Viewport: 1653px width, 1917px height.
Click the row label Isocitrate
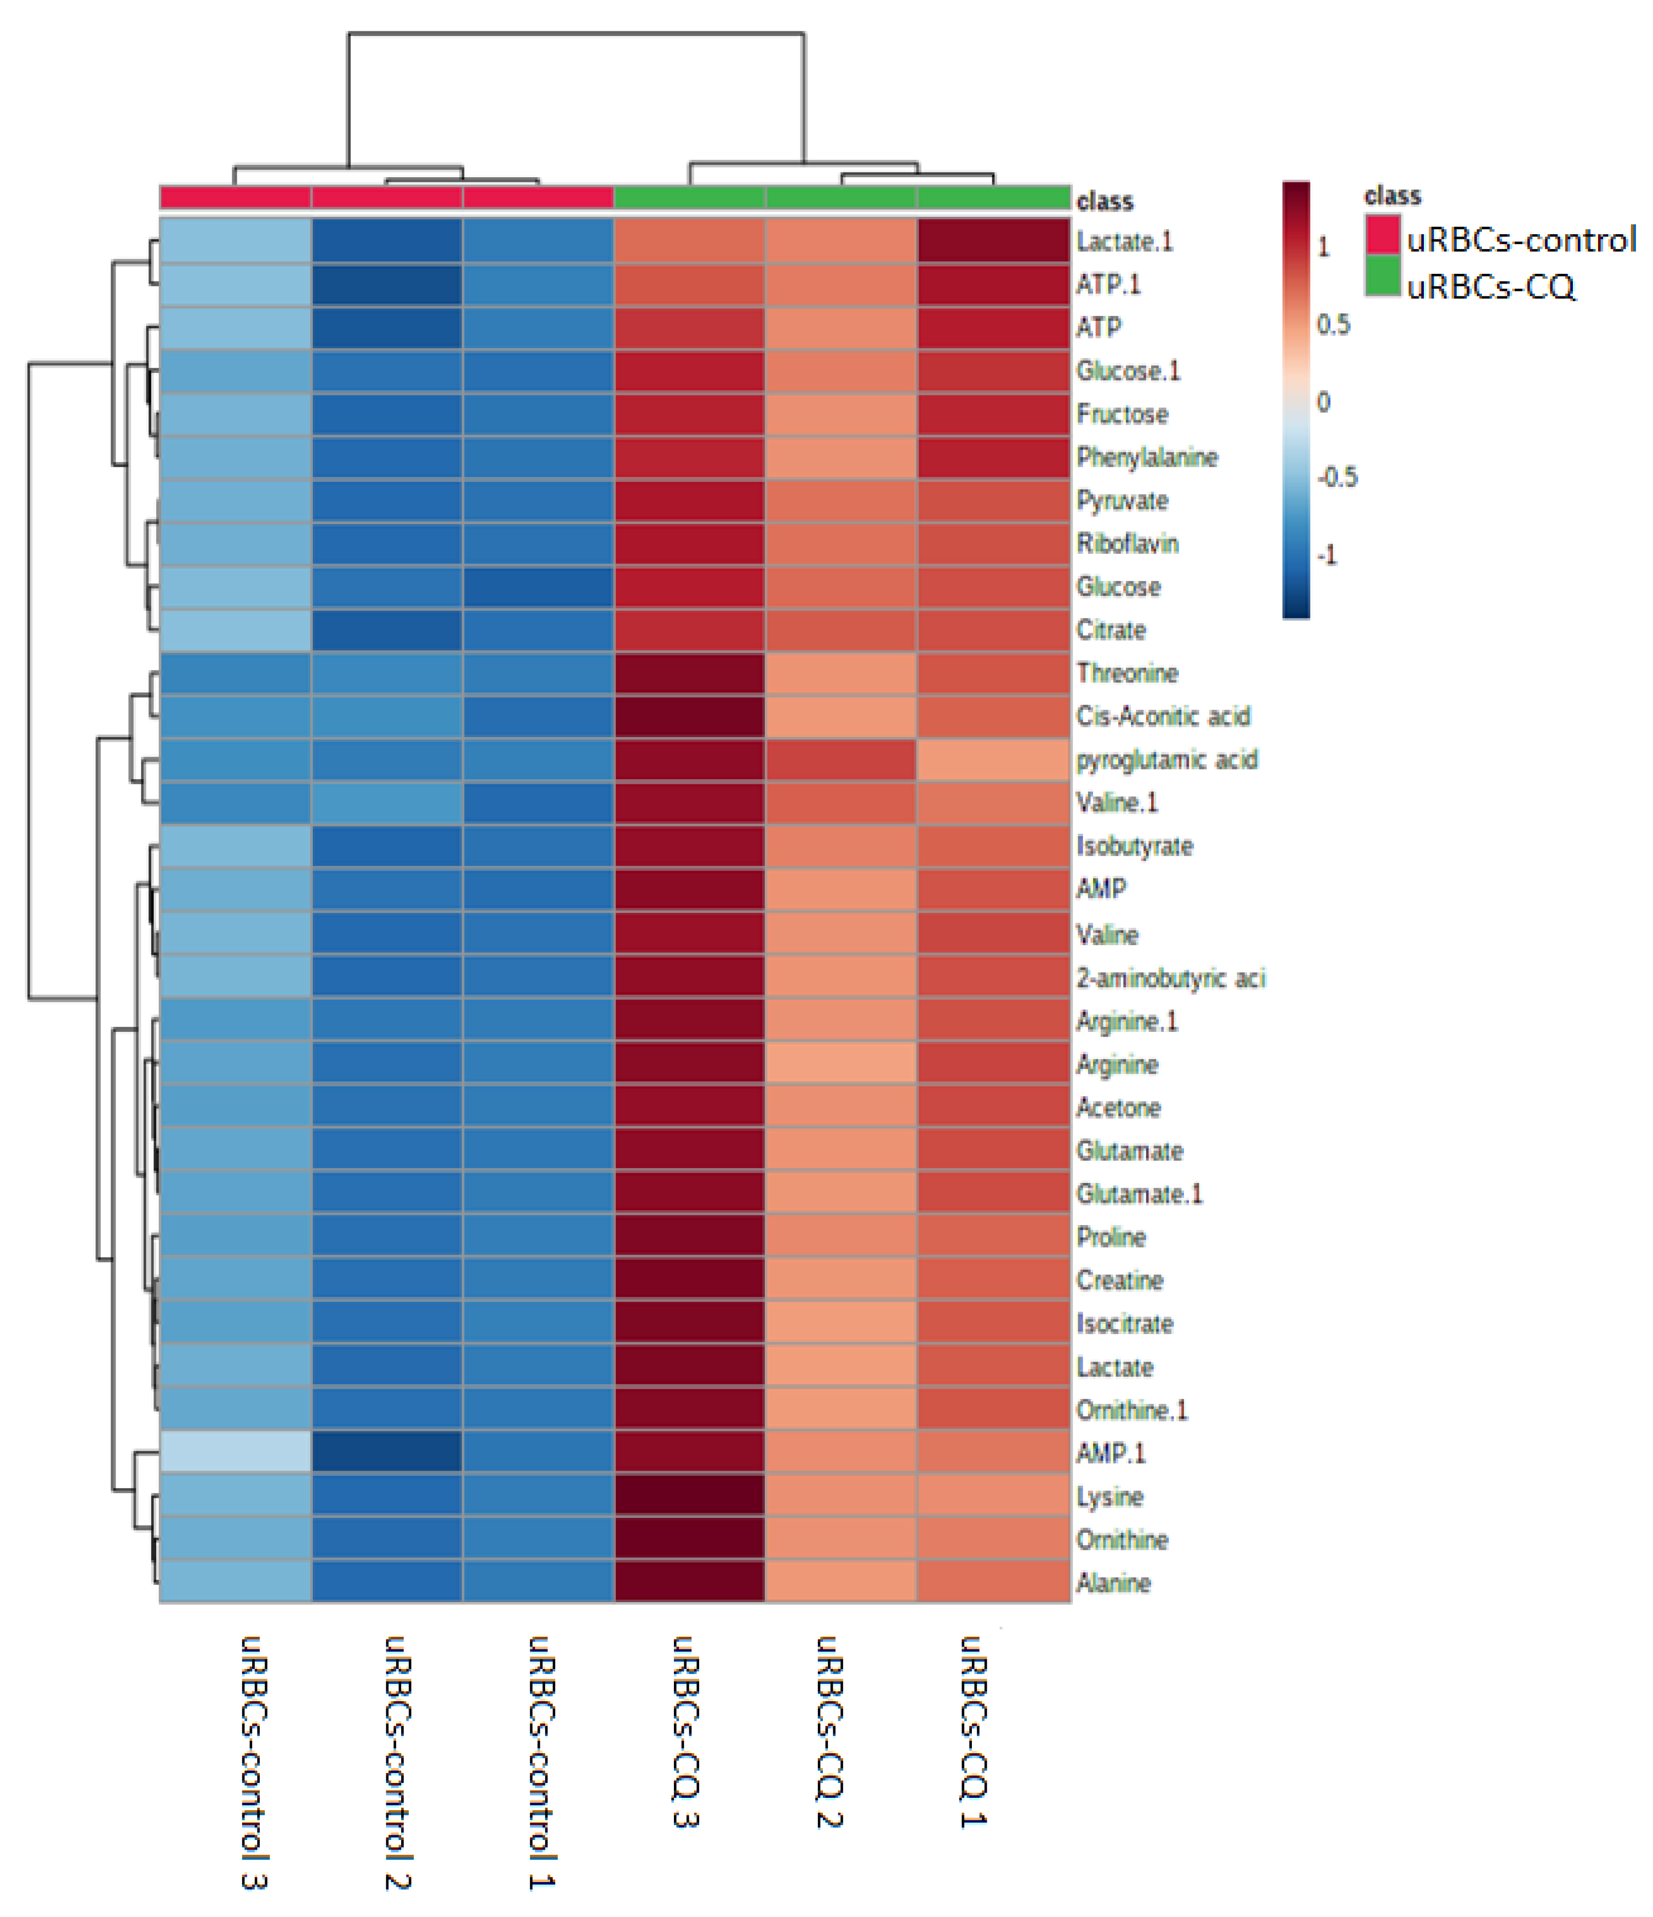pos(1124,1324)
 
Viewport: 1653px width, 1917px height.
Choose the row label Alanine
pos(1113,1583)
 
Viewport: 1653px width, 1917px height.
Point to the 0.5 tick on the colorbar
pos(1333,325)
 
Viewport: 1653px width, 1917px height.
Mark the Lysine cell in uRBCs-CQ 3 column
pos(689,1496)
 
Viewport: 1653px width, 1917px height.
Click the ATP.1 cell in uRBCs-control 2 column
pos(387,284)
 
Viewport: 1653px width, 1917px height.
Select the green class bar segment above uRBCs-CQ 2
pos(841,197)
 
